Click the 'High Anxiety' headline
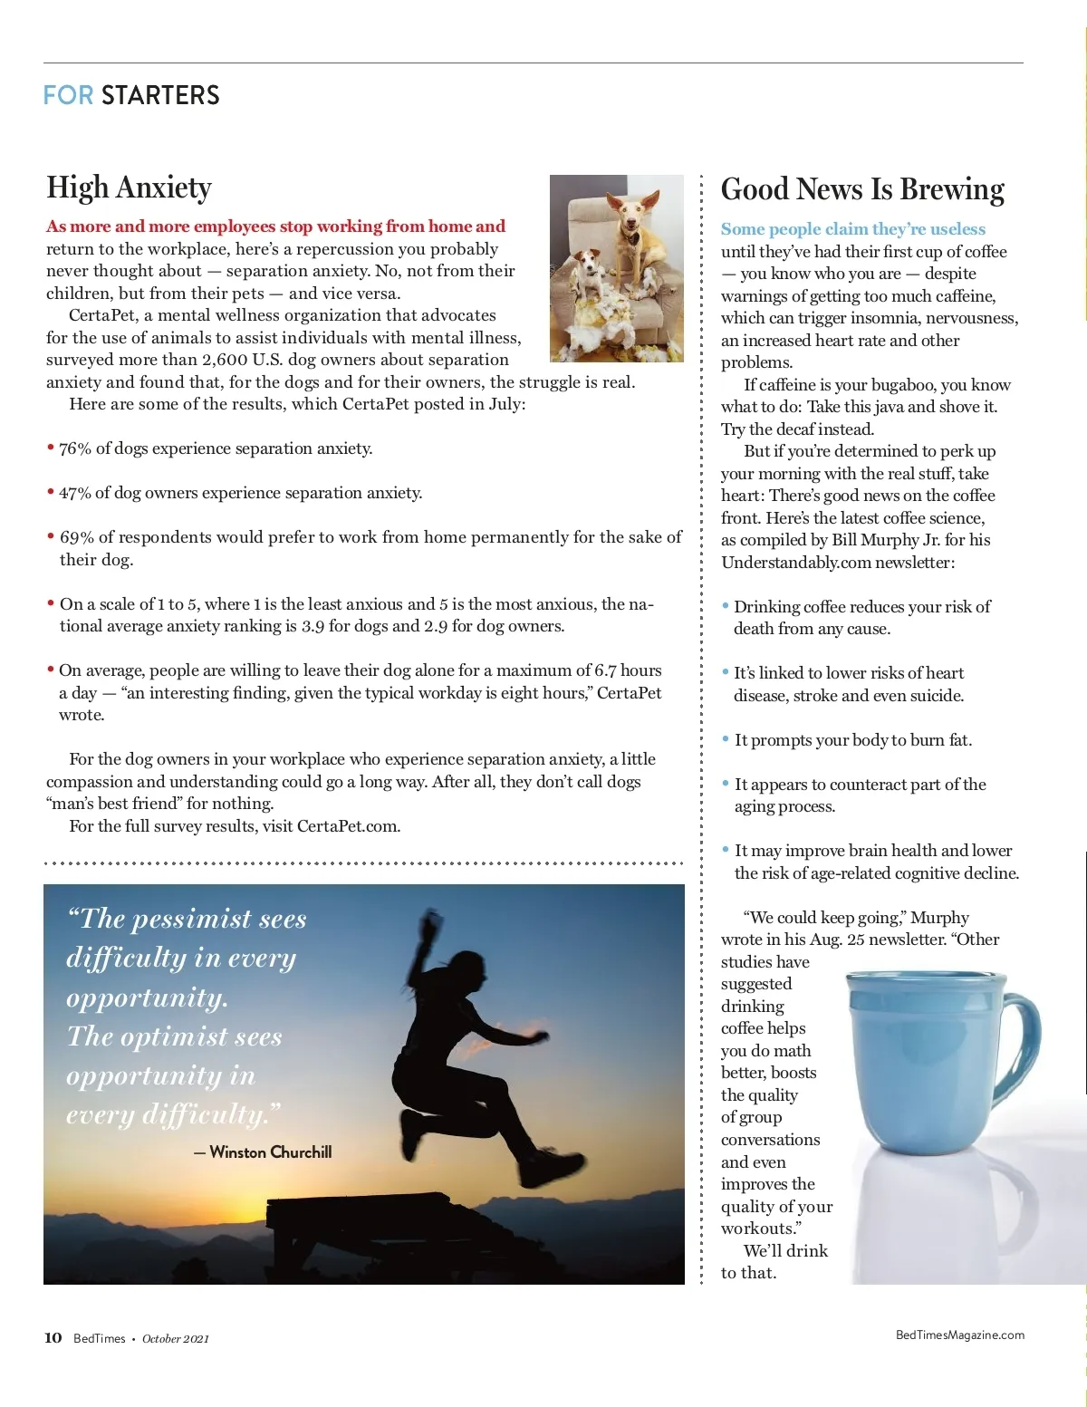point(129,188)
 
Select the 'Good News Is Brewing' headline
point(862,189)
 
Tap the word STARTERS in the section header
point(160,95)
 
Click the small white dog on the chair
point(590,272)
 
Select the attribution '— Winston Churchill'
point(263,1152)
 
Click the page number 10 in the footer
point(53,1337)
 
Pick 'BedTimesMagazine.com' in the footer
point(959,1335)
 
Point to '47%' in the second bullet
point(75,493)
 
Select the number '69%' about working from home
point(77,537)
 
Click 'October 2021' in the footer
point(176,1338)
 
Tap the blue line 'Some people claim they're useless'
point(852,229)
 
